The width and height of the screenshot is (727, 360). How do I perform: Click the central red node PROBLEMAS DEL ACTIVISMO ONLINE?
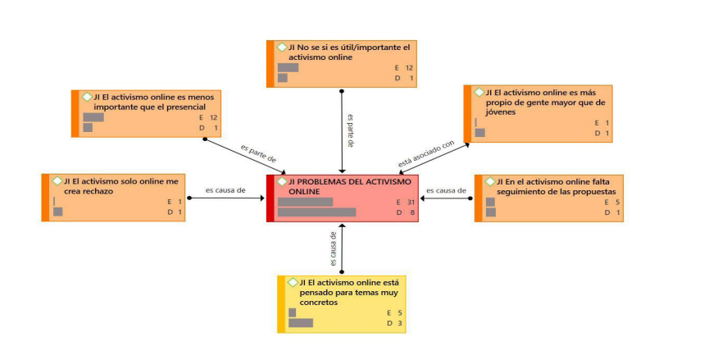[342, 198]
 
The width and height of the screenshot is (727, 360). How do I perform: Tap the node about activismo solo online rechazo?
[114, 197]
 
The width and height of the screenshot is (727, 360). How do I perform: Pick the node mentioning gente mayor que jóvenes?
[538, 113]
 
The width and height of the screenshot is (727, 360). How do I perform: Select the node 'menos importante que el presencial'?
[148, 112]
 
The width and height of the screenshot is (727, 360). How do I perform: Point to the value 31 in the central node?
[411, 202]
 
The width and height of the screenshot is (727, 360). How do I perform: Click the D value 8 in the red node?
[411, 212]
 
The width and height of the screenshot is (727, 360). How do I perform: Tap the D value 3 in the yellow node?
[401, 323]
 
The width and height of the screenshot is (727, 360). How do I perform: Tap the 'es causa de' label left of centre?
[225, 190]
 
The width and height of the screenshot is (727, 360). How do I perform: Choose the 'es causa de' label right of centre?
[446, 190]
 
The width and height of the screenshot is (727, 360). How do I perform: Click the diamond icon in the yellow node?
[293, 282]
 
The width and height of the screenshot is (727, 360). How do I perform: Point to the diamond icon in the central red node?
[282, 181]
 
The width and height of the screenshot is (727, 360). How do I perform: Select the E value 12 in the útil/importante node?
[409, 68]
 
